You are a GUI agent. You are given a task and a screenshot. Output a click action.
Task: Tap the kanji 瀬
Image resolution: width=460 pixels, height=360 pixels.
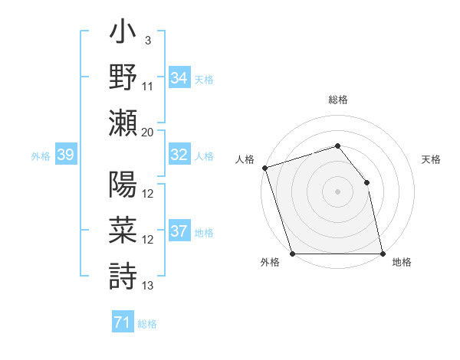[x=123, y=123]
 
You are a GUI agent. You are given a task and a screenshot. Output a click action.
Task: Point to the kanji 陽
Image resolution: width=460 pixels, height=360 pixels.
[x=123, y=186]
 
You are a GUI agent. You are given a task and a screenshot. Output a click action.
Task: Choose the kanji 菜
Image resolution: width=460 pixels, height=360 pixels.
[x=123, y=231]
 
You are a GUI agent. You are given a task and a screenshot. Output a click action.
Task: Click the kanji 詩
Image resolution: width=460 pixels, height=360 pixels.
[x=123, y=274]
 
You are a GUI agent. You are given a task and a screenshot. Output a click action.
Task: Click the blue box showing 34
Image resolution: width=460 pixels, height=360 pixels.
[x=179, y=77]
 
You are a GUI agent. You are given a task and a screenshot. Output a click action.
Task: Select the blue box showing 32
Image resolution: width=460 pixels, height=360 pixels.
[x=179, y=155]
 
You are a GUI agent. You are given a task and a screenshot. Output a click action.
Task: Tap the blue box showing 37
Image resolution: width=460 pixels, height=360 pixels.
[x=179, y=231]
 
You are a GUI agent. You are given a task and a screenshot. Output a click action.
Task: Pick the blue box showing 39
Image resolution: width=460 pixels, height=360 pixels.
[x=65, y=155]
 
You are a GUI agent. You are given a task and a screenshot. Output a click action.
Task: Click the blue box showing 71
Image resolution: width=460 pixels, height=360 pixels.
[x=123, y=322]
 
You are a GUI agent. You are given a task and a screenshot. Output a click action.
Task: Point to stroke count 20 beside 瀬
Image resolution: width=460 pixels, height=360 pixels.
[x=148, y=133]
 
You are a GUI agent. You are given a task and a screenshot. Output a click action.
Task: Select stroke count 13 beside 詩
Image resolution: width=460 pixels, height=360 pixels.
[x=148, y=286]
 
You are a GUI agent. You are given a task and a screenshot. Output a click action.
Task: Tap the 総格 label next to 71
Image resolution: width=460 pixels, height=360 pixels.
[x=147, y=323]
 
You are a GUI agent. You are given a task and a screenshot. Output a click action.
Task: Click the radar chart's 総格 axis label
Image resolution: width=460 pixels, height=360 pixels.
[x=337, y=100]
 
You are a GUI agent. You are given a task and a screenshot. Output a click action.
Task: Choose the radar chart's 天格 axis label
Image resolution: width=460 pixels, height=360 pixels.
[x=432, y=159]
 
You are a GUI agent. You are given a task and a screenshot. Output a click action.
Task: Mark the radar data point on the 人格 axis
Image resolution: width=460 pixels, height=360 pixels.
[x=264, y=167]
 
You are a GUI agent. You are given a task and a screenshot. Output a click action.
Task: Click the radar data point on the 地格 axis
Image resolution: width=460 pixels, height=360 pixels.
[x=383, y=254]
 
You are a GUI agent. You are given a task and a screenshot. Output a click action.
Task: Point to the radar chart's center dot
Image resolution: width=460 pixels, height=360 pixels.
[x=337, y=191]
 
